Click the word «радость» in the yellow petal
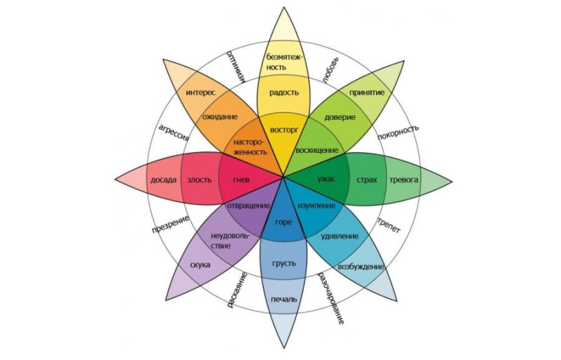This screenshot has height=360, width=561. (284, 93)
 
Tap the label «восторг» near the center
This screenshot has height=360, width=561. (284, 130)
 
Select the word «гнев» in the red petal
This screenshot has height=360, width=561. (241, 180)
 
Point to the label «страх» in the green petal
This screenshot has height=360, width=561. (367, 180)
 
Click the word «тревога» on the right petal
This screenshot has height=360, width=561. (404, 180)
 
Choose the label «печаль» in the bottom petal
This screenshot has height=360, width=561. (284, 299)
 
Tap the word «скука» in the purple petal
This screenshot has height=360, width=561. (200, 265)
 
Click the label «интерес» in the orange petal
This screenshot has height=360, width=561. (201, 93)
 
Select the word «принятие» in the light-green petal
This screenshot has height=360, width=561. (367, 93)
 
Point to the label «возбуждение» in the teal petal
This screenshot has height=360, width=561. (361, 267)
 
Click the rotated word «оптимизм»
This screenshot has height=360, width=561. (236, 67)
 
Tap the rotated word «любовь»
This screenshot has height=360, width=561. (330, 70)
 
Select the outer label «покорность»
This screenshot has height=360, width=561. (398, 133)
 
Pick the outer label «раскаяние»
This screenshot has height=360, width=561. (237, 290)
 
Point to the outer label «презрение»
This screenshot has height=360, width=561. (170, 225)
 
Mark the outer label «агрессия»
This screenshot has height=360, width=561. (173, 133)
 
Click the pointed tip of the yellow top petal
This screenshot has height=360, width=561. (284, 7)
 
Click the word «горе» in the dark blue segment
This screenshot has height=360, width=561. (283, 222)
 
